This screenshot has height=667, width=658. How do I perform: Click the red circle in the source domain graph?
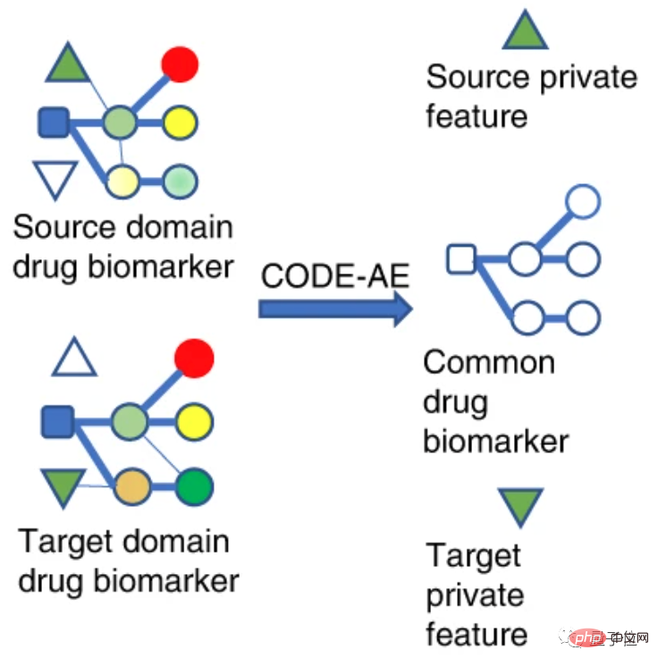click(x=179, y=63)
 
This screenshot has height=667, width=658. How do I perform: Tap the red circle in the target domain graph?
click(x=194, y=359)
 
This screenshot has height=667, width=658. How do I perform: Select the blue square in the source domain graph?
click(x=54, y=122)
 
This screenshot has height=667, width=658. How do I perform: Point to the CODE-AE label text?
click(x=334, y=276)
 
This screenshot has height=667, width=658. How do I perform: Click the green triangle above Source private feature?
click(x=525, y=32)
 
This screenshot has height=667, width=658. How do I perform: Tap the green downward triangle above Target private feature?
click(x=521, y=505)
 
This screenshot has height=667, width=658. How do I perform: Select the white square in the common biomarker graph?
click(x=460, y=260)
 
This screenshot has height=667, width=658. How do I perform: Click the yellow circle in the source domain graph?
click(x=180, y=122)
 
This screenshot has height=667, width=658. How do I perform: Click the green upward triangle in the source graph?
click(x=68, y=64)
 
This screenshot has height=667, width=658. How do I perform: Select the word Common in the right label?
click(x=489, y=363)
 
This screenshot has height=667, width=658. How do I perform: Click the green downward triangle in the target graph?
click(x=63, y=485)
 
